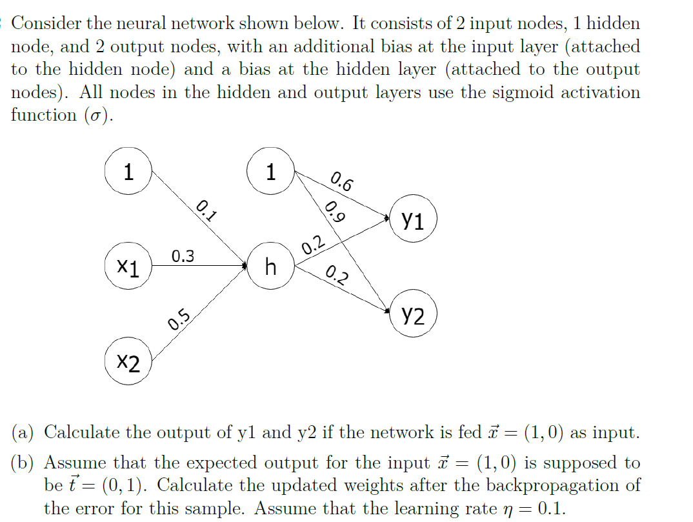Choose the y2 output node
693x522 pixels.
pyautogui.click(x=414, y=316)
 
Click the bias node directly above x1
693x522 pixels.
pyautogui.click(x=128, y=172)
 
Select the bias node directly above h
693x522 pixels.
pyautogui.click(x=271, y=172)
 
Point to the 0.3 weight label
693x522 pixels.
pyautogui.click(x=183, y=256)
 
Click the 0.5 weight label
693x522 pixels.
pyautogui.click(x=179, y=319)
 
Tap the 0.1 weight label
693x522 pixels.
pyautogui.click(x=206, y=211)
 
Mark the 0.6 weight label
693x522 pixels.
pyautogui.click(x=341, y=183)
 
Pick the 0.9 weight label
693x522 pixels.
pyautogui.click(x=334, y=212)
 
